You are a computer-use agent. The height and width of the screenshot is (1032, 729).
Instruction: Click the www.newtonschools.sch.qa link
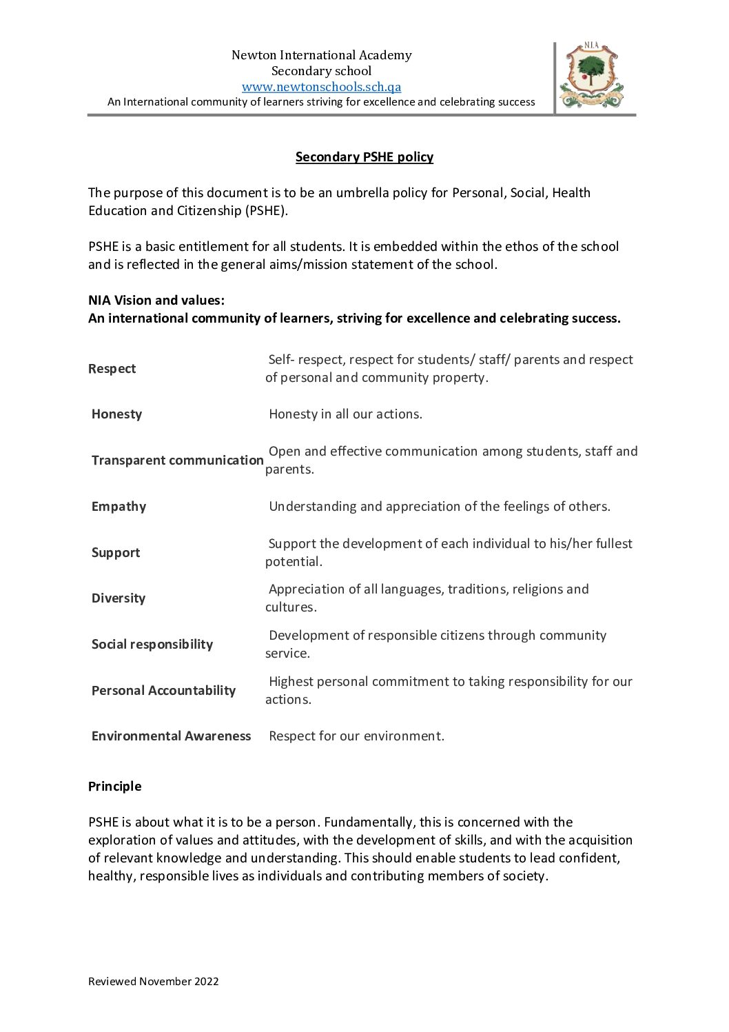(321, 87)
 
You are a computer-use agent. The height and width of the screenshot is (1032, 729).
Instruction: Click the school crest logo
(591, 75)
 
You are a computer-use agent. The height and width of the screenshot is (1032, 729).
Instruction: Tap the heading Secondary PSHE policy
(364, 157)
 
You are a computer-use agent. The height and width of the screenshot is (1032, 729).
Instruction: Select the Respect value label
(112, 369)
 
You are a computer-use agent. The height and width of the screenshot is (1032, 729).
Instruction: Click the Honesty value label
(116, 414)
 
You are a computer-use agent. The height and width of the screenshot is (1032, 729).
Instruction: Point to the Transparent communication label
(177, 461)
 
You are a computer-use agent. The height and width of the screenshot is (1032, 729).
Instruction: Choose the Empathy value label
(119, 507)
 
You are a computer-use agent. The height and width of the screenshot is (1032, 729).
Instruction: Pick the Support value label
(116, 553)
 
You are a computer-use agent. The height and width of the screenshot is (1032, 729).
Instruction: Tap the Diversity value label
(119, 598)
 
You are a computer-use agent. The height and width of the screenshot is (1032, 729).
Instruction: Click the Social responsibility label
(152, 645)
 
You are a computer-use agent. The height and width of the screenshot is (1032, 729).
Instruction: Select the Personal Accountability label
(163, 691)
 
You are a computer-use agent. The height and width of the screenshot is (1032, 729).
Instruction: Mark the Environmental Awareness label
(171, 736)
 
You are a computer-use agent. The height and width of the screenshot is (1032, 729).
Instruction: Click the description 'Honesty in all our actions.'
(345, 414)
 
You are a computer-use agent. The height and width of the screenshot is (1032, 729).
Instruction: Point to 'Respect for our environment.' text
(356, 736)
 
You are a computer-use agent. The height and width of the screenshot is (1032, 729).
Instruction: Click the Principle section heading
(114, 787)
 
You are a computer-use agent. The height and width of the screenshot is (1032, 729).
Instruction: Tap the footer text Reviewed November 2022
(153, 982)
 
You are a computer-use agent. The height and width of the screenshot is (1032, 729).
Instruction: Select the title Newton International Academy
(321, 55)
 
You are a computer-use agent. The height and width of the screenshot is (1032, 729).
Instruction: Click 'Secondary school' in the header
(321, 71)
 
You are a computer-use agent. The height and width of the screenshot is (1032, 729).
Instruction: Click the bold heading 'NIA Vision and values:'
(156, 301)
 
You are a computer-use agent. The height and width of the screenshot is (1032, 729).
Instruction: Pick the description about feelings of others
(439, 507)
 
